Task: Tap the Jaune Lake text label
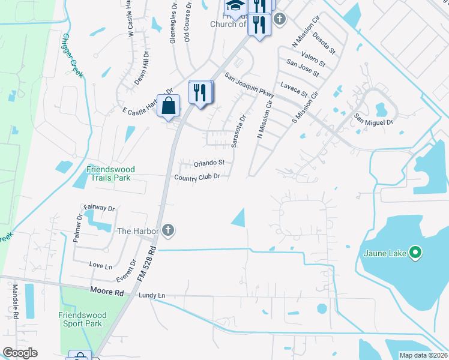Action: (385, 253)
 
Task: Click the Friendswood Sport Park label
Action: (83, 319)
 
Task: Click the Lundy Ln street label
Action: (151, 296)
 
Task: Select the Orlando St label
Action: (209, 163)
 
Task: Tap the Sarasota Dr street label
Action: (238, 131)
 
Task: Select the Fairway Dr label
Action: (99, 208)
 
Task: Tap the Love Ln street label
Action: (100, 265)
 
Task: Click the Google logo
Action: (20, 353)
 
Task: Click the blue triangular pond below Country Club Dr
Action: (240, 218)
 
